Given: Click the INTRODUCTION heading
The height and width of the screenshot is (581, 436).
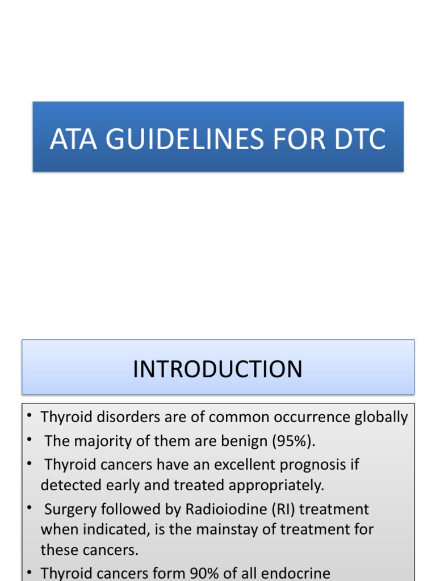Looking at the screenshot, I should point(217,369).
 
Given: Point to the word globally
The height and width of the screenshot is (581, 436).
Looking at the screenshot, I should point(381,418).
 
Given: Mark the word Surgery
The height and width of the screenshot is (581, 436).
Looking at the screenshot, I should point(72,509).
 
